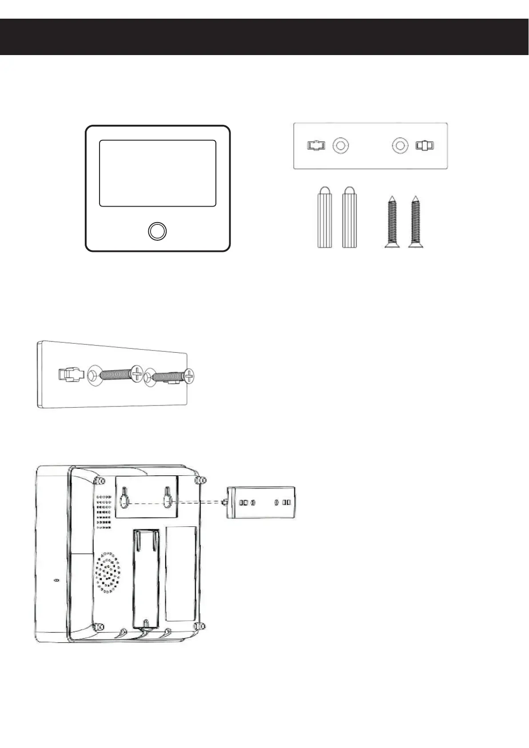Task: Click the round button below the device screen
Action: (157, 231)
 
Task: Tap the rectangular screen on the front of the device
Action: (157, 173)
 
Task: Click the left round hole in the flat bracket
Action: (341, 145)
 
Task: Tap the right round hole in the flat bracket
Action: (400, 145)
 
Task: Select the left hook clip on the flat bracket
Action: (316, 145)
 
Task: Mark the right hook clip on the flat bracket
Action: (425, 145)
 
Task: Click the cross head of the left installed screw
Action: (136, 374)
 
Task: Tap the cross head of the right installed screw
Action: (190, 376)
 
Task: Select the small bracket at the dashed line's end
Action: (261, 502)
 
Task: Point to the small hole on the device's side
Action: (56, 581)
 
